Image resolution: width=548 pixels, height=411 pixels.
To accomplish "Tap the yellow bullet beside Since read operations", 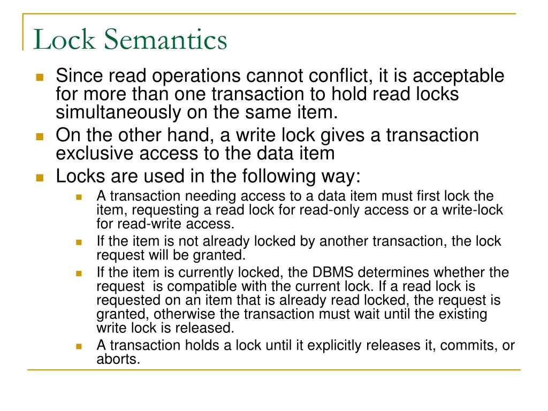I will tap(40, 77).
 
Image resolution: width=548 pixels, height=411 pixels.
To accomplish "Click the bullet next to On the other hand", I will tap(40, 136).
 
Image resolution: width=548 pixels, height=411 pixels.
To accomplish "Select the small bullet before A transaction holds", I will tap(79, 346).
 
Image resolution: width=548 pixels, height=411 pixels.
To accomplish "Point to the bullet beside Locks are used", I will tap(40, 177).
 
